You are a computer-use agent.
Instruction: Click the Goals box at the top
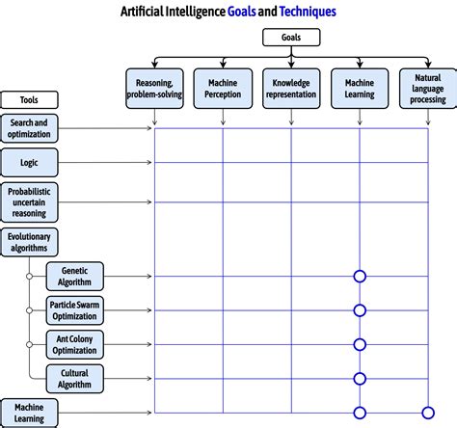(x=289, y=39)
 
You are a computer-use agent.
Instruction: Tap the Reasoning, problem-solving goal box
(x=154, y=89)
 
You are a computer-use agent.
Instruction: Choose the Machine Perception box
(x=223, y=89)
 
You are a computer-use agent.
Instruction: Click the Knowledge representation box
(x=291, y=89)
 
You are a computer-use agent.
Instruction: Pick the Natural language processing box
(x=428, y=89)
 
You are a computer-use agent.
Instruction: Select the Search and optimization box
(x=29, y=128)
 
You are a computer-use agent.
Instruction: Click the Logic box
(x=29, y=162)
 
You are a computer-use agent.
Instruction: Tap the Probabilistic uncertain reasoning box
(x=29, y=202)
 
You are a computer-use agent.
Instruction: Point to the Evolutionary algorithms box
(x=29, y=241)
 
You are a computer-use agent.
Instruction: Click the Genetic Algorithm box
(x=75, y=277)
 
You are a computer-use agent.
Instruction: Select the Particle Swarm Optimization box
(x=75, y=310)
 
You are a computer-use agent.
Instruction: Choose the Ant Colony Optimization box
(x=75, y=344)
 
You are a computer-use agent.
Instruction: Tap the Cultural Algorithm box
(x=75, y=378)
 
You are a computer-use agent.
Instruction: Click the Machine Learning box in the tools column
(x=29, y=413)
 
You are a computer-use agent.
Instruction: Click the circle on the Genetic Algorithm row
(x=360, y=277)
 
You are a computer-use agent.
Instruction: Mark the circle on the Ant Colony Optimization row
(x=360, y=344)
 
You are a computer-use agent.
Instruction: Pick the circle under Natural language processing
(x=428, y=413)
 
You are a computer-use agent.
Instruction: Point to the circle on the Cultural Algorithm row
(x=360, y=378)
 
